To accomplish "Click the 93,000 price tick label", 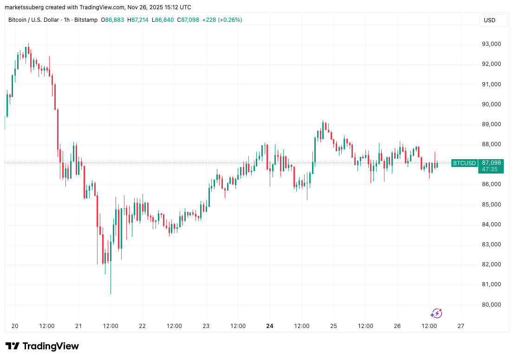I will pos(491,44).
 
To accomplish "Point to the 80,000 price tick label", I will pos(491,304).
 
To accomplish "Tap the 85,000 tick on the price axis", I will pos(491,204).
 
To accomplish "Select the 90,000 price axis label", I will pos(491,104).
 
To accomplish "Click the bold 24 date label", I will pos(270,326).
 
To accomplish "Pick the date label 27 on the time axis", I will pos(461,326).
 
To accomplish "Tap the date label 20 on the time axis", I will pos(15,326).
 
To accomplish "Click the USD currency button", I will pos(489,20).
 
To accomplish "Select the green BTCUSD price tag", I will pos(464,163).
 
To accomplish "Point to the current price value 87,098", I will pos(491,163).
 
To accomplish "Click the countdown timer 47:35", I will pos(490,169).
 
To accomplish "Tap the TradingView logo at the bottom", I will pos(42,346).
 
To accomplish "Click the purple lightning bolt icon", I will pos(436,314).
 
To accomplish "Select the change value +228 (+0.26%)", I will pos(222,20).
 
